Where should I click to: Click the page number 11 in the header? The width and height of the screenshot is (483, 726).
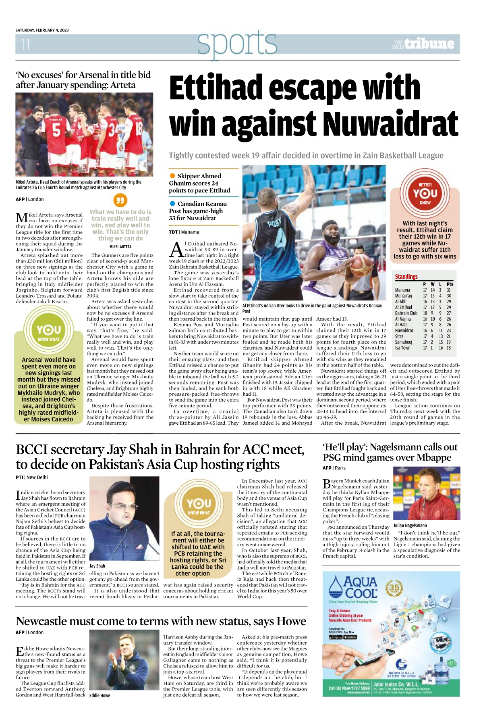point(25,44)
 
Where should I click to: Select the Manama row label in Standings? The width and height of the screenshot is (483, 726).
point(402,290)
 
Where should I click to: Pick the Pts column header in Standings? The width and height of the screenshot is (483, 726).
point(450,284)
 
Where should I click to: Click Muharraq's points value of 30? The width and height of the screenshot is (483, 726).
point(449,296)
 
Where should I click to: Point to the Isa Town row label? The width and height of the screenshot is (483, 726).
point(402,348)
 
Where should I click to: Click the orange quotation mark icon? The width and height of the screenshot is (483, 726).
point(120,200)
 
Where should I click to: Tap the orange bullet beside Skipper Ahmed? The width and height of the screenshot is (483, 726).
point(172,176)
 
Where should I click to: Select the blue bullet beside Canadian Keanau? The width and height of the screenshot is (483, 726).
point(172,204)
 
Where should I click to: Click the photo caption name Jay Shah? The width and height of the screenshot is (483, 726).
point(97,566)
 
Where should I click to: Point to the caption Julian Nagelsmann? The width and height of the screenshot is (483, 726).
point(410,526)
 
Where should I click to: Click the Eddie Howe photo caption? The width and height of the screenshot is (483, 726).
point(100,695)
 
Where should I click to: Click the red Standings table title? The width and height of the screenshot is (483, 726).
point(406,277)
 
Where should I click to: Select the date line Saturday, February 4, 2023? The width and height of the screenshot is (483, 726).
point(42,30)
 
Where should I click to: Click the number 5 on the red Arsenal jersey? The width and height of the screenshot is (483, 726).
point(57,130)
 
